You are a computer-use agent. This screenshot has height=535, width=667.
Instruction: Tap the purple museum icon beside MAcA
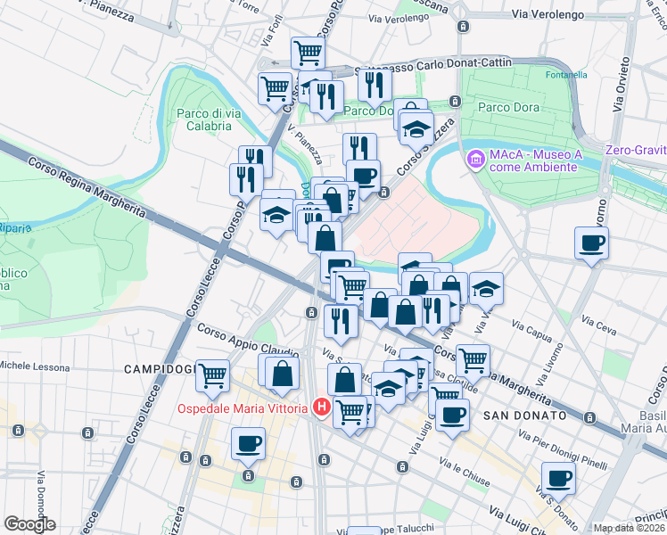(475, 159)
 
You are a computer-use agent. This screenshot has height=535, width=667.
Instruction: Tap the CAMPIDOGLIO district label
(158, 369)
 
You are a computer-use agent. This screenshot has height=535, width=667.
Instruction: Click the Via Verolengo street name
(547, 15)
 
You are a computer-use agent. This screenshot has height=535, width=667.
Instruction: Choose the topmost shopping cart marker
(308, 53)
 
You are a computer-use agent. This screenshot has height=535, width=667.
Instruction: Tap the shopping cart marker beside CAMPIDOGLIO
(212, 375)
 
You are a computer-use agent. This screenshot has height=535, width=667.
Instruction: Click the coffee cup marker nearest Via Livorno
(592, 242)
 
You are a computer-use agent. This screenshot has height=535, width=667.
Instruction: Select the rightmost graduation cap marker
(486, 288)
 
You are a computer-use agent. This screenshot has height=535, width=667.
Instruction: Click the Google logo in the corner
(29, 524)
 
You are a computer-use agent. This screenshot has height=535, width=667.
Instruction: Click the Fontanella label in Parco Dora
(566, 76)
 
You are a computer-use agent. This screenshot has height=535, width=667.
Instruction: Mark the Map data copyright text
(629, 528)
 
